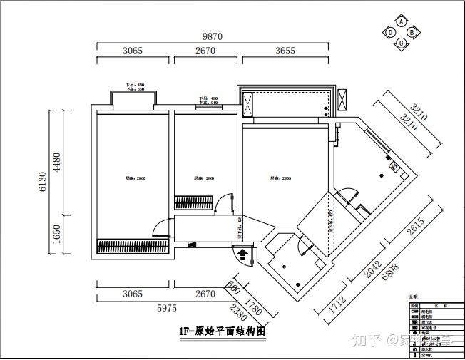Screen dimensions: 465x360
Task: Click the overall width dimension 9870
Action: pos(213,36)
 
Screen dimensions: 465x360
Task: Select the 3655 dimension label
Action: pos(285,51)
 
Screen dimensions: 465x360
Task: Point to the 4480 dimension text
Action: pos(58,163)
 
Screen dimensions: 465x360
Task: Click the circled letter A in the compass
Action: pos(402,22)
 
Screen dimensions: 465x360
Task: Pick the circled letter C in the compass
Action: pos(402,43)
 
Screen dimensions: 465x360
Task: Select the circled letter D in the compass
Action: pos(391,32)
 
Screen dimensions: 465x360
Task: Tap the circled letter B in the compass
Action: pos(413,32)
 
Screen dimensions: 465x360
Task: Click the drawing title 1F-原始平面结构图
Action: pos(223,331)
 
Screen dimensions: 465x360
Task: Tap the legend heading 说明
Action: pos(414,297)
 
